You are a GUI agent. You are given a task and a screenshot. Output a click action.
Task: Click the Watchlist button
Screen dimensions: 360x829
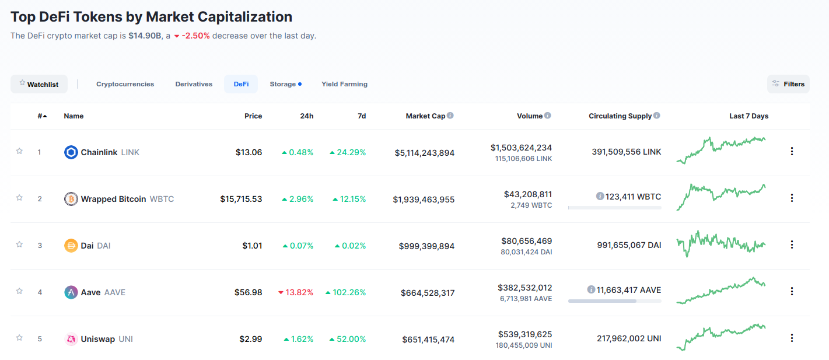pyautogui.click(x=39, y=84)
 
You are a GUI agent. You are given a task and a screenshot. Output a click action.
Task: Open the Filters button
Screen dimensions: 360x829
pyautogui.click(x=788, y=84)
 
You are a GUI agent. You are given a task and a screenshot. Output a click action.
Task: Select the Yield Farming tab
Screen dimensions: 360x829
pyautogui.click(x=344, y=84)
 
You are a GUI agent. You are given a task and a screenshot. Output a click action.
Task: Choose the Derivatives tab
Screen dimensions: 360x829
pyautogui.click(x=194, y=84)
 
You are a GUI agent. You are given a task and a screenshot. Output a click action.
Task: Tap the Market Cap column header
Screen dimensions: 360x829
pyautogui.click(x=425, y=116)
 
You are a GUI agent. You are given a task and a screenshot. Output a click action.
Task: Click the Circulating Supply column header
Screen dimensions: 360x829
pyautogui.click(x=620, y=116)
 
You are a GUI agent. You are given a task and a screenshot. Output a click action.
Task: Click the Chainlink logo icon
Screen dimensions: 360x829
pyautogui.click(x=71, y=152)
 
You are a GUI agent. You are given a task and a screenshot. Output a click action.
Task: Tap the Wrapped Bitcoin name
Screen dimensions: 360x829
pyautogui.click(x=113, y=199)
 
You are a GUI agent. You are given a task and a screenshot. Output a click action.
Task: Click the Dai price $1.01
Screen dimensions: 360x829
pyautogui.click(x=252, y=246)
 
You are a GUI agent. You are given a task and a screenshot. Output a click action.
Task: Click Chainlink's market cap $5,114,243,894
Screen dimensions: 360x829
pyautogui.click(x=424, y=153)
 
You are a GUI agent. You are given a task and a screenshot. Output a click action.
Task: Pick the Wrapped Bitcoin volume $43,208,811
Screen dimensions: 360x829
pyautogui.click(x=527, y=194)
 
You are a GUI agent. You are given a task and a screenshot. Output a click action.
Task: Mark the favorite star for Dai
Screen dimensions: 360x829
pyautogui.click(x=19, y=244)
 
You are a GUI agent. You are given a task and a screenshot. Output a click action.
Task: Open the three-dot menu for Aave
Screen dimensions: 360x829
pyautogui.click(x=792, y=291)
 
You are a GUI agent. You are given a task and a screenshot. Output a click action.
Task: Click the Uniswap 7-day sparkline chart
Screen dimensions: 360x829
pyautogui.click(x=721, y=337)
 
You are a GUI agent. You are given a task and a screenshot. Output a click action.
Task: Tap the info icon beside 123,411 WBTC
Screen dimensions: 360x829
pyautogui.click(x=600, y=197)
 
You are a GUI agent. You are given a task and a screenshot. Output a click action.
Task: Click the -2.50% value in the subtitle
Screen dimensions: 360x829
pyautogui.click(x=195, y=36)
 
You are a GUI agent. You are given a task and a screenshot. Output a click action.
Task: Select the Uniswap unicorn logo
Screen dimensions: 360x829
pyautogui.click(x=71, y=339)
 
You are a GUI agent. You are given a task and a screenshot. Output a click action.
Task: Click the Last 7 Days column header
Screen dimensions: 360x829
pyautogui.click(x=748, y=116)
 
